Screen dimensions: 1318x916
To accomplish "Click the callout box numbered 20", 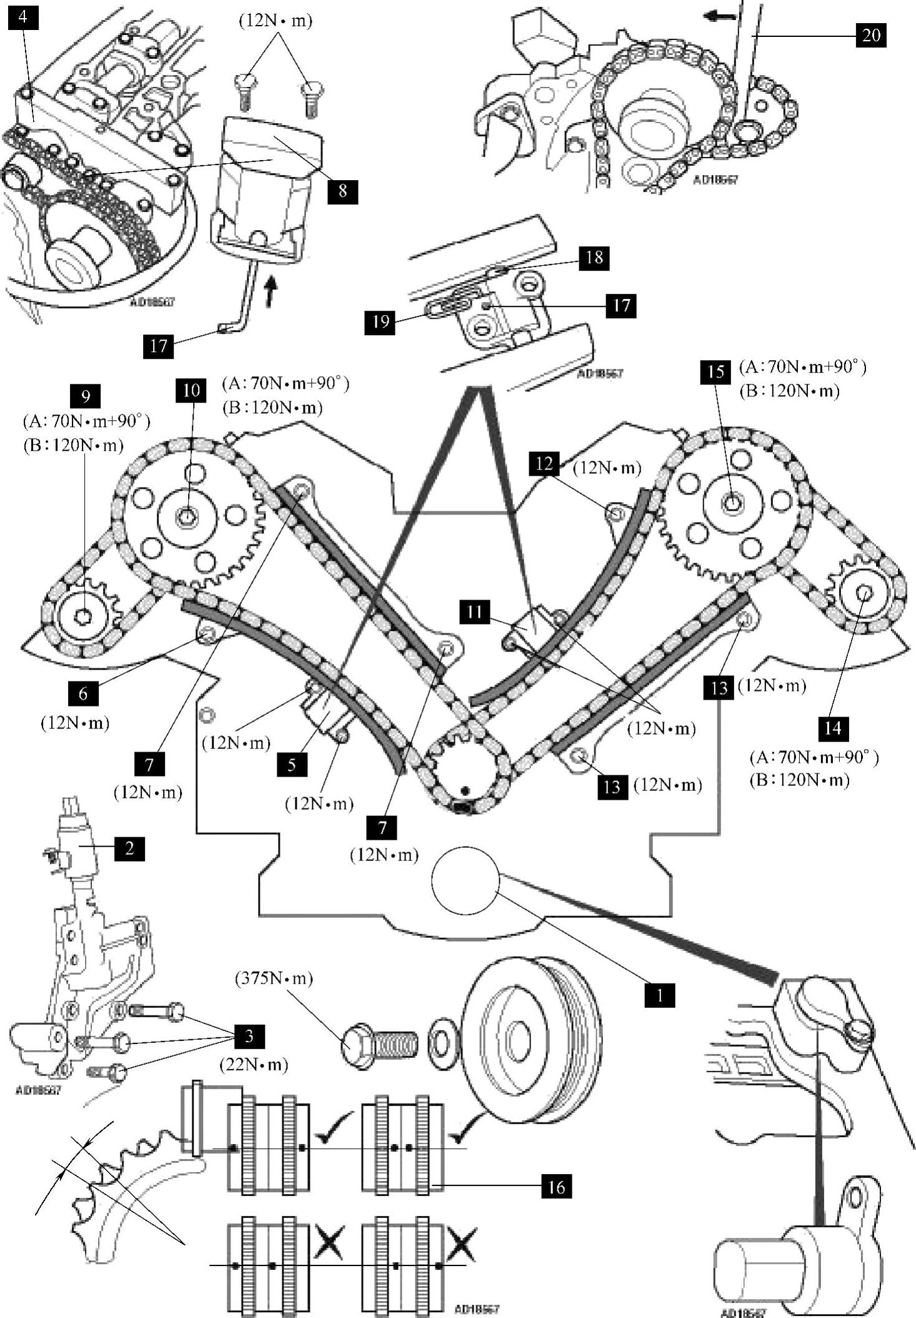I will tap(870, 35).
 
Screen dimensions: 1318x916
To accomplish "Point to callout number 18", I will tap(594, 257).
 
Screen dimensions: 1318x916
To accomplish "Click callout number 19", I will tap(381, 322).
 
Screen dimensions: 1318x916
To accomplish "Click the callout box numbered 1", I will tap(660, 994).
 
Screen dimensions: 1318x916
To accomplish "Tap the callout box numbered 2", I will tap(129, 848).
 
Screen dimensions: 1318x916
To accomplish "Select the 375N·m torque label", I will tap(274, 978).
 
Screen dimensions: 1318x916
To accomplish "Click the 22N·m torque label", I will tap(254, 1064).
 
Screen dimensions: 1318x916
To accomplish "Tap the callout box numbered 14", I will tap(832, 728).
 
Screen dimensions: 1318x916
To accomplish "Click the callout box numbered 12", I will tap(544, 463).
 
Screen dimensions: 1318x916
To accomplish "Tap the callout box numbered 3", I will tap(249, 1036).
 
